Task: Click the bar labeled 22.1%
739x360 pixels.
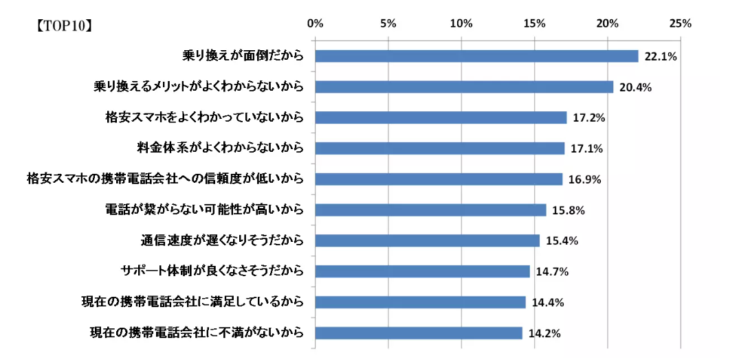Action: pyautogui.click(x=476, y=56)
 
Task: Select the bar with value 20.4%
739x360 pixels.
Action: pyautogui.click(x=464, y=87)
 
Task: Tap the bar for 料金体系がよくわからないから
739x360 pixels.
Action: pyautogui.click(x=439, y=148)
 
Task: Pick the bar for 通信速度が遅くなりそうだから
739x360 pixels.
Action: pyautogui.click(x=427, y=240)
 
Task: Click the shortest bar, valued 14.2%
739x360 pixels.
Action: pyautogui.click(x=419, y=333)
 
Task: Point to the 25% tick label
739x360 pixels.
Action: pyautogui.click(x=681, y=23)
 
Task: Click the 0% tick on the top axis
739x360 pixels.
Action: pyautogui.click(x=316, y=23)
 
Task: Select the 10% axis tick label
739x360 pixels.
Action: pyautogui.click(x=461, y=23)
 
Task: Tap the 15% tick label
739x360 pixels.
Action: pyautogui.click(x=534, y=23)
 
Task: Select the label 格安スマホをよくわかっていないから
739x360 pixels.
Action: pyautogui.click(x=200, y=117)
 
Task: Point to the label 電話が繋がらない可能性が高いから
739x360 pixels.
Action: pyautogui.click(x=203, y=210)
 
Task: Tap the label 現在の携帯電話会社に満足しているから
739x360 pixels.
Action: pyautogui.click(x=192, y=302)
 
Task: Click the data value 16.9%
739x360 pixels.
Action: pyautogui.click(x=585, y=180)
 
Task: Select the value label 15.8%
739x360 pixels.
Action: pyautogui.click(x=569, y=210)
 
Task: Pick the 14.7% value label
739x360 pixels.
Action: pyautogui.click(x=552, y=272)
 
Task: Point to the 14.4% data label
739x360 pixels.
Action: pyautogui.click(x=548, y=303)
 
